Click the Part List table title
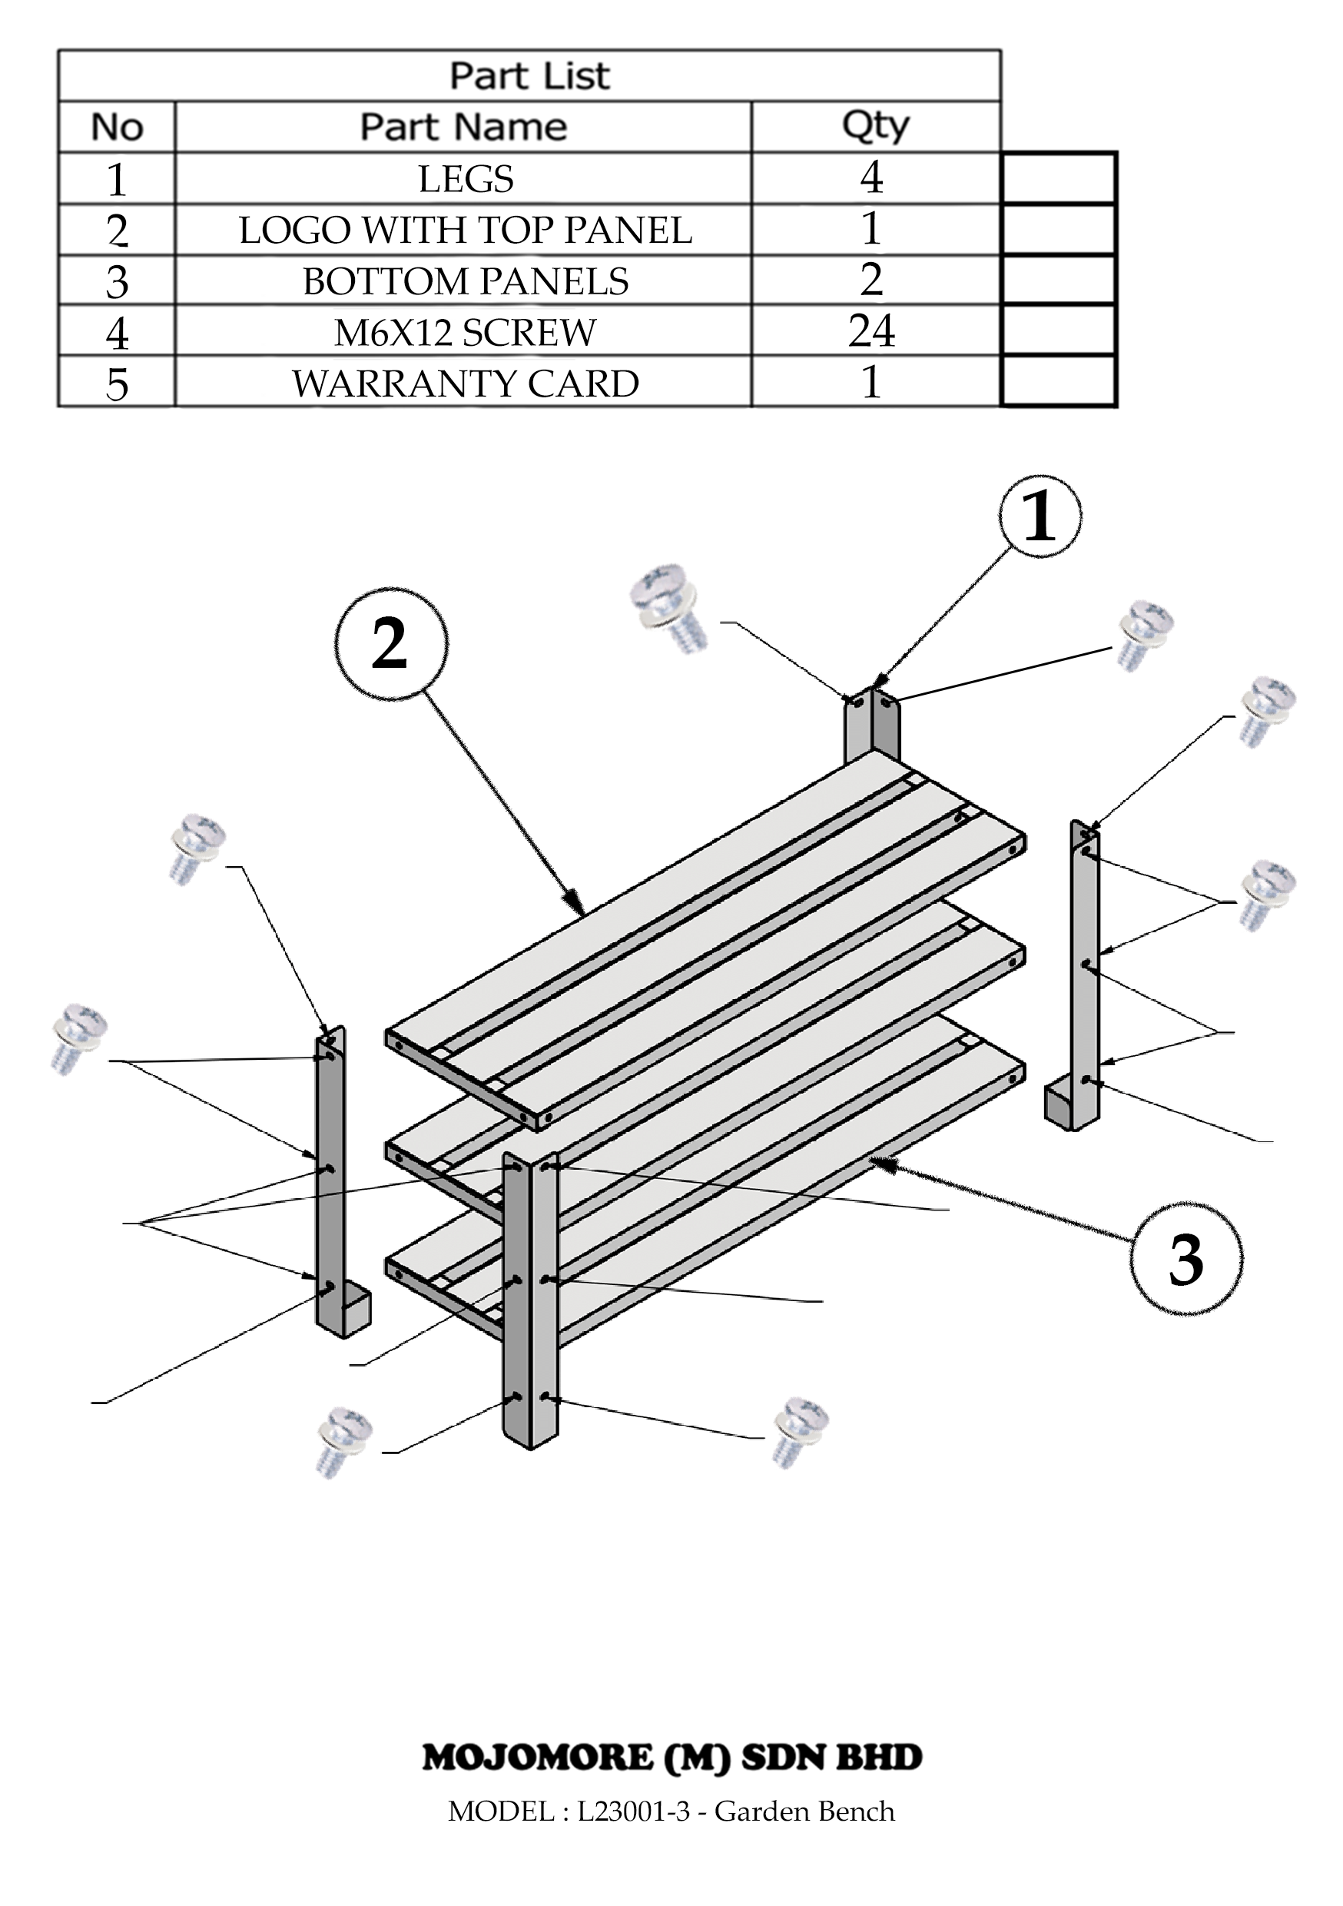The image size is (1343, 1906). click(529, 75)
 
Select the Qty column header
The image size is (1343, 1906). click(875, 127)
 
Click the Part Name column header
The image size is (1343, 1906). click(463, 127)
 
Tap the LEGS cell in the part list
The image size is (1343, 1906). click(466, 179)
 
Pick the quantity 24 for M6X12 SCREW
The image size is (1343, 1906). click(871, 331)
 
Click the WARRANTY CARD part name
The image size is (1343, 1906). click(466, 384)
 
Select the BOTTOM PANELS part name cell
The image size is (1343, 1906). click(466, 281)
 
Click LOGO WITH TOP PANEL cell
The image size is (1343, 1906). click(466, 230)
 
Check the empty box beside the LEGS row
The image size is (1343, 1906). click(1058, 178)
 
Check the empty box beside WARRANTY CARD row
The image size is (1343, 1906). click(1058, 381)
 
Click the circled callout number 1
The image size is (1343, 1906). click(1040, 516)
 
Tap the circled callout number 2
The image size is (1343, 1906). click(391, 644)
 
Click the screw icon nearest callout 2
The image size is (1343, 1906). click(668, 609)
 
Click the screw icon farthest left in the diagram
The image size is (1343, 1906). click(79, 1039)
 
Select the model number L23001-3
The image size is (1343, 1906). click(633, 1811)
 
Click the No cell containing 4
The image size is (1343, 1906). click(117, 333)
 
